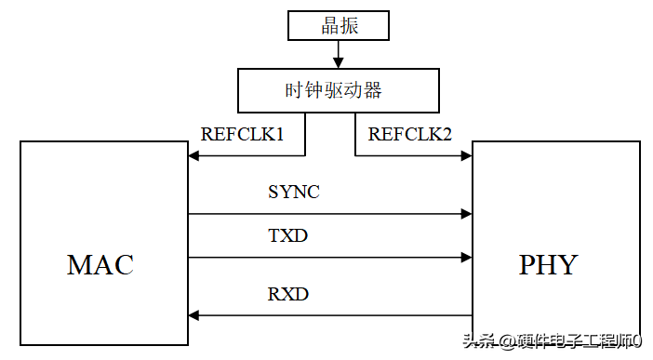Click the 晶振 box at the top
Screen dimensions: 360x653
pyautogui.click(x=339, y=26)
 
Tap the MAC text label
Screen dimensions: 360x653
pyautogui.click(x=100, y=264)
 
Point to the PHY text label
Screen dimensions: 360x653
pyautogui.click(x=548, y=264)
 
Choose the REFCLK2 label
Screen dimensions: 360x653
pyautogui.click(x=410, y=134)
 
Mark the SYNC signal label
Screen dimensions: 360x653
pyautogui.click(x=294, y=193)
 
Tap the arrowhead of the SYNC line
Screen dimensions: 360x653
pyautogui.click(x=465, y=214)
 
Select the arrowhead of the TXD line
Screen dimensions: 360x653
pyautogui.click(x=465, y=258)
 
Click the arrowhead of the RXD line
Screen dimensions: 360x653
pyautogui.click(x=194, y=315)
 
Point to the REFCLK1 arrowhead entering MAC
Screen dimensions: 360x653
pyautogui.click(x=194, y=156)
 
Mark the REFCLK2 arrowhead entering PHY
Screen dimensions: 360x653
pyautogui.click(x=465, y=156)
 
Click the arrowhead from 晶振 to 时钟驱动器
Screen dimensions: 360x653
pyautogui.click(x=339, y=63)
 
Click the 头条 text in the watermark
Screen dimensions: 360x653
pyautogui.click(x=480, y=341)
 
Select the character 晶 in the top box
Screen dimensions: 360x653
pyautogui.click(x=330, y=26)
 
